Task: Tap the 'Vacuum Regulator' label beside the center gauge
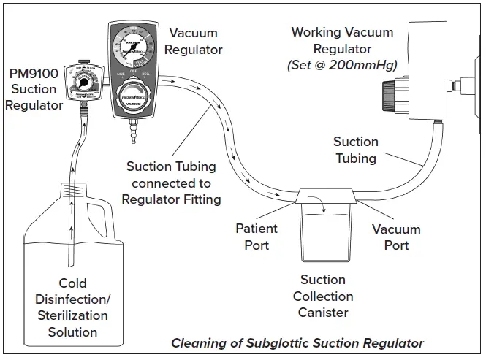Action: click(x=195, y=41)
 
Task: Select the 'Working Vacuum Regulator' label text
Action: click(x=342, y=41)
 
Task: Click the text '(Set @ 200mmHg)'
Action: click(x=342, y=66)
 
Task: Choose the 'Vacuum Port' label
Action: click(x=396, y=237)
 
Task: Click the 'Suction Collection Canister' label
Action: click(x=323, y=296)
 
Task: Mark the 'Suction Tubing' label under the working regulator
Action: click(x=356, y=150)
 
